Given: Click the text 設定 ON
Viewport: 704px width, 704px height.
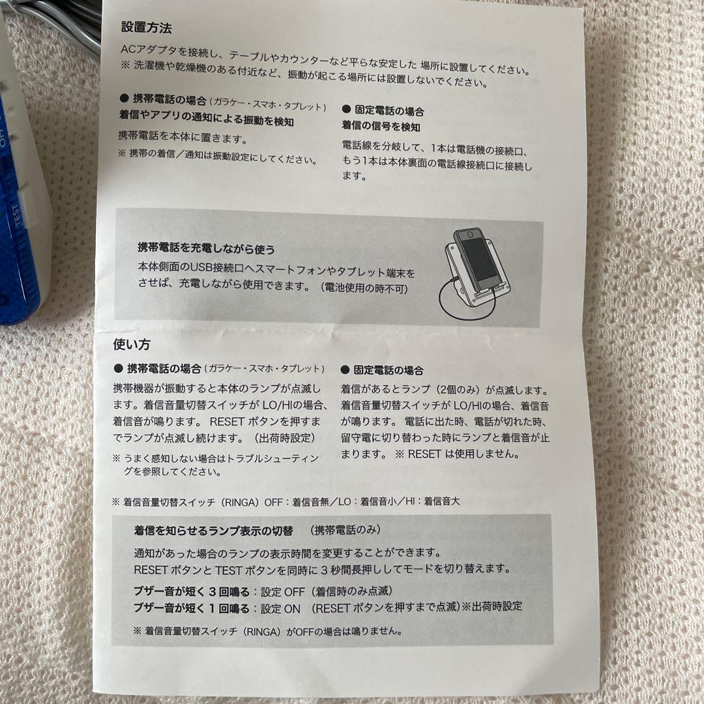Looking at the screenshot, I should point(281,608).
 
